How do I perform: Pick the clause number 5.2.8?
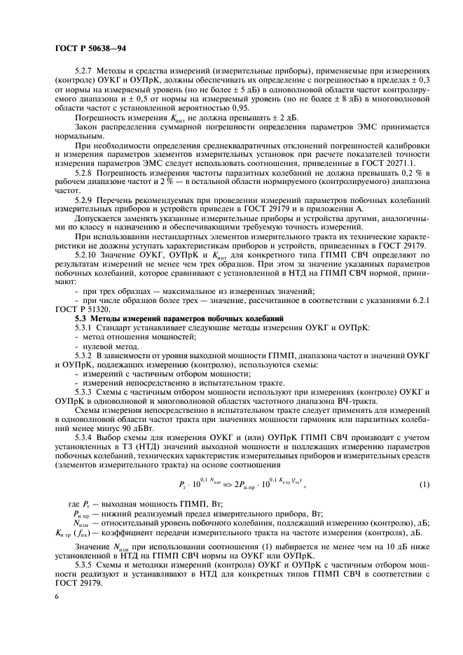click(85, 171)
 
